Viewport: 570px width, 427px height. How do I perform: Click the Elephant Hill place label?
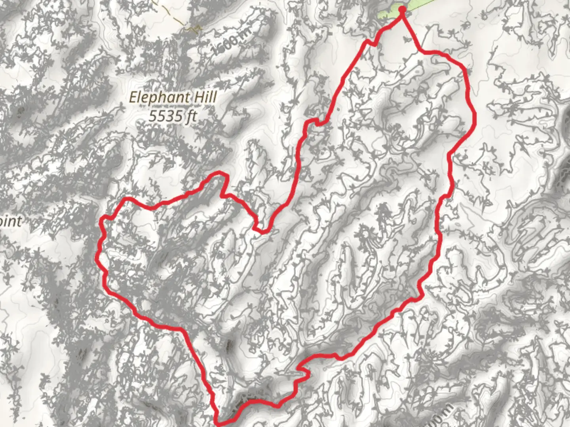[x=173, y=97]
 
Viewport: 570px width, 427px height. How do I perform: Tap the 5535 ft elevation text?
[x=173, y=116]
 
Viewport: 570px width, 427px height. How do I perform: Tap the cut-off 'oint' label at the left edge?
[x=10, y=221]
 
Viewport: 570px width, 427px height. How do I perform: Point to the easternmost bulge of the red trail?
[x=475, y=117]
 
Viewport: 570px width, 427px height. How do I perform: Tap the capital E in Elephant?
[x=134, y=97]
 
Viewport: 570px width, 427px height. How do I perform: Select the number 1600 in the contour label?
[x=225, y=45]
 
